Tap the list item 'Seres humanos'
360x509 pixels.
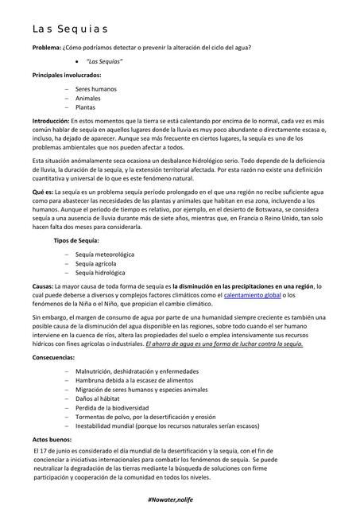pyautogui.click(x=95, y=89)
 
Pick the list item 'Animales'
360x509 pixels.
pyautogui.click(x=88, y=98)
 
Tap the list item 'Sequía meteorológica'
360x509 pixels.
pyautogui.click(x=105, y=254)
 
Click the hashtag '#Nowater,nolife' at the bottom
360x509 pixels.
pyautogui.click(x=179, y=497)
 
